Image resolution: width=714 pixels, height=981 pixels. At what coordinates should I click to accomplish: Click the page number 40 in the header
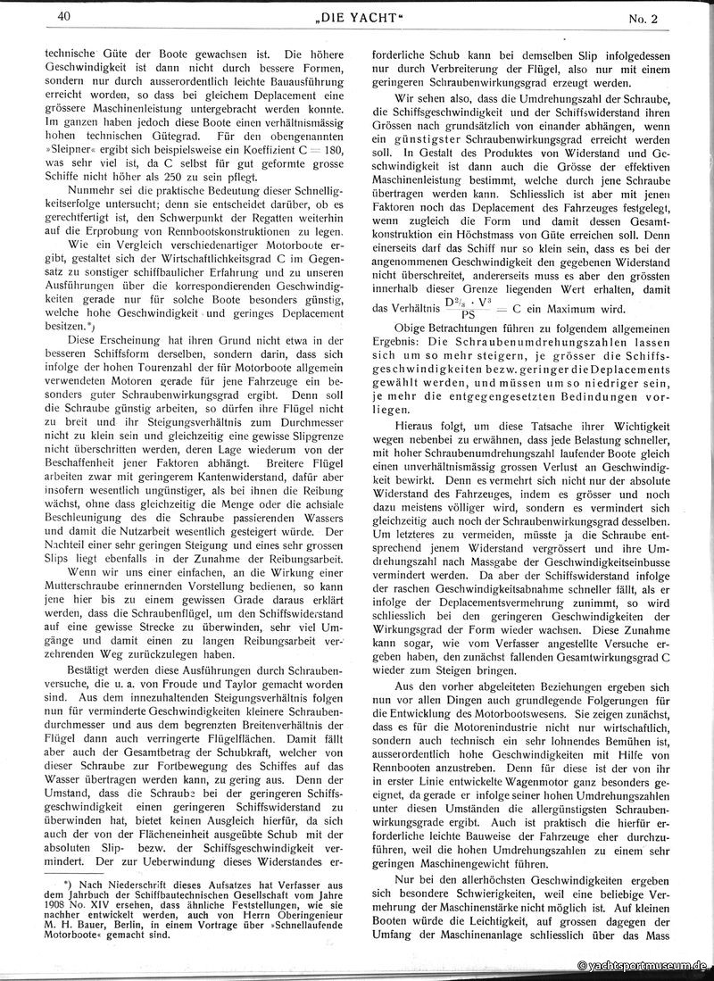pyautogui.click(x=62, y=15)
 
